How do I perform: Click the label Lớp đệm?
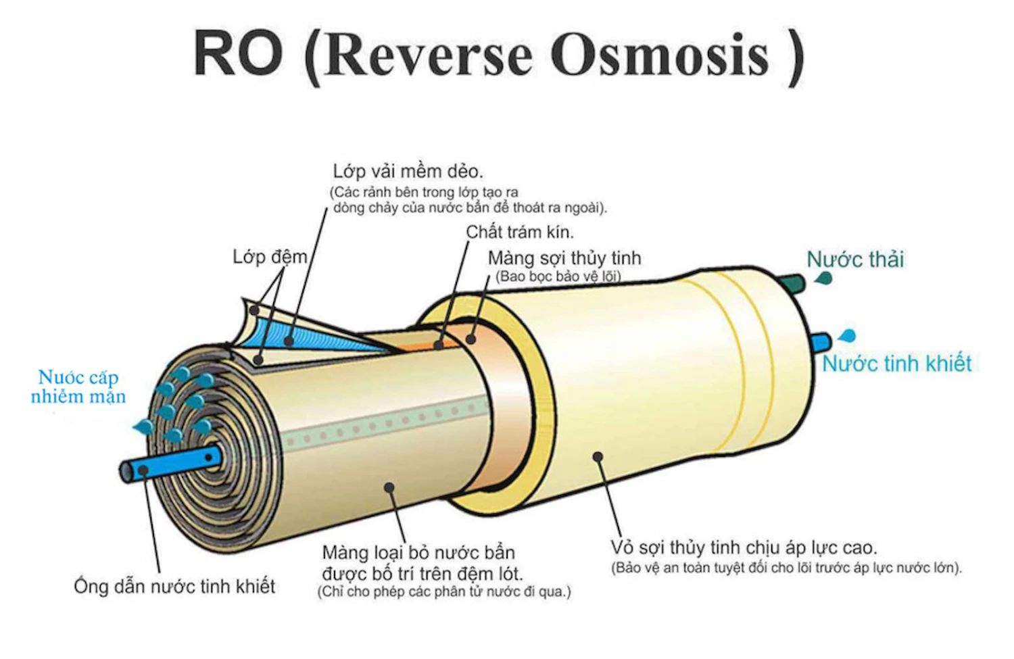269,258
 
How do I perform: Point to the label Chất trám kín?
519,233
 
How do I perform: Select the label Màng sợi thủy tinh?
564,258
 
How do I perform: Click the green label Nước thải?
855,260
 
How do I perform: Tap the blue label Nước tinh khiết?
896,364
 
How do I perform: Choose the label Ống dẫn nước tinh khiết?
174,586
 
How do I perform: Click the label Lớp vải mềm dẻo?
408,171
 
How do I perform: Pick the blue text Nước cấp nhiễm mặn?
78,387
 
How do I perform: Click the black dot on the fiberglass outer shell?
598,457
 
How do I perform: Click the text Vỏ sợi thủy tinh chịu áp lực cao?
744,547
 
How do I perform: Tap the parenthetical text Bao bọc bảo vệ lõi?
558,276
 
